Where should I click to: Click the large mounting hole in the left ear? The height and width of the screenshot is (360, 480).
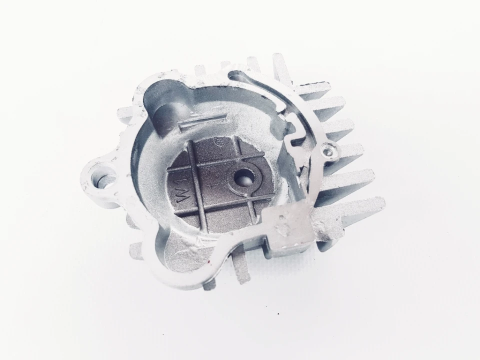(x=103, y=178)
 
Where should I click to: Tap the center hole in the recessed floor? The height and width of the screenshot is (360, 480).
(x=243, y=177)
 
